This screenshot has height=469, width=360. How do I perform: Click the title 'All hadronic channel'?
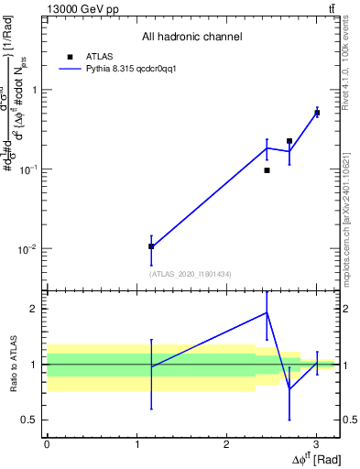click(191, 37)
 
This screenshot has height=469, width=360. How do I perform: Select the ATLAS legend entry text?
click(100, 56)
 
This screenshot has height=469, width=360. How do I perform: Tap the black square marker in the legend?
click(70, 56)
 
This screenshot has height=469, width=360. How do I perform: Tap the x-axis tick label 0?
click(47, 442)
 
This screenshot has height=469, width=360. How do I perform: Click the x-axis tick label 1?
click(136, 442)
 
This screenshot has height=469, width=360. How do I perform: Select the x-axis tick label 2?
click(226, 442)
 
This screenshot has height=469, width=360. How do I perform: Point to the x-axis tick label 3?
click(316, 442)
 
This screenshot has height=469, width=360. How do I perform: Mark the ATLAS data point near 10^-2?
click(151, 246)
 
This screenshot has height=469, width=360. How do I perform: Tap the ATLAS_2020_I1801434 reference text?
click(191, 273)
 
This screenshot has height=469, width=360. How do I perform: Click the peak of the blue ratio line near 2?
click(267, 312)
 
